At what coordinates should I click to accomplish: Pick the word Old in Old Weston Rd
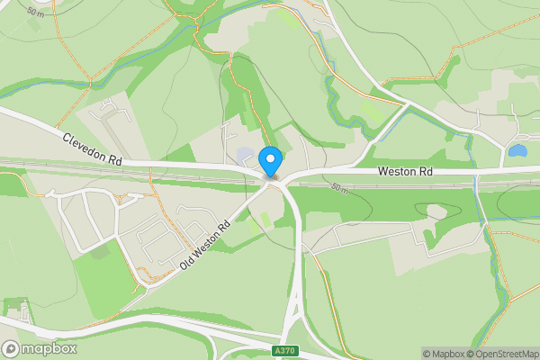tap(187, 260)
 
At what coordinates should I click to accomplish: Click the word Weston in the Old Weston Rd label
tap(206, 241)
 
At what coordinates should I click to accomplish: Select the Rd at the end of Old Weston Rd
tap(224, 224)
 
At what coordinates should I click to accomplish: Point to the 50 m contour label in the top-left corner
tap(35, 12)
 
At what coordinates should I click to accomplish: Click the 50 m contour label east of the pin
tap(339, 188)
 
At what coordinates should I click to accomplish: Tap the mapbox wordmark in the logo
tap(50, 348)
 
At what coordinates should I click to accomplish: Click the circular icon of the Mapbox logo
tap(12, 348)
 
